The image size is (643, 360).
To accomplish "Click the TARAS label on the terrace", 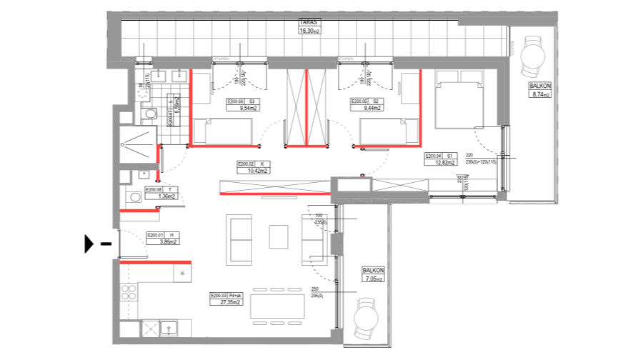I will (309, 23).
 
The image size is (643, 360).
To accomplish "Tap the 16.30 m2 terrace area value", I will (309, 31).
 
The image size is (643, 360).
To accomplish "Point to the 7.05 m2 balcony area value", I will (373, 279).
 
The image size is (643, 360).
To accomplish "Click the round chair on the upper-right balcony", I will (532, 56).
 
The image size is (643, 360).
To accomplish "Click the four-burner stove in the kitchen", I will (129, 292).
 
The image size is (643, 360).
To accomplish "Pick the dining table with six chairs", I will (277, 306).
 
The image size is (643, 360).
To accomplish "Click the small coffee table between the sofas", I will (279, 236).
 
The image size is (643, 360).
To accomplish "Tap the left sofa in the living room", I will (239, 239).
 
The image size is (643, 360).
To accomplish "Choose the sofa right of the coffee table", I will (314, 239).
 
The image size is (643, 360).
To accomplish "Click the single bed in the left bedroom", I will (222, 131).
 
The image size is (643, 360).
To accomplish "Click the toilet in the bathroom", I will (150, 113).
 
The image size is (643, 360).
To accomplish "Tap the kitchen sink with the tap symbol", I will (167, 328).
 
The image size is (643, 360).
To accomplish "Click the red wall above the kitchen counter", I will (156, 262).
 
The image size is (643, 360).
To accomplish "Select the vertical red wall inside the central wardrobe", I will (306, 107).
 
